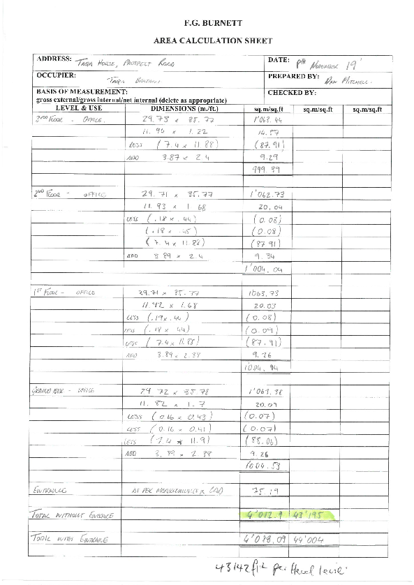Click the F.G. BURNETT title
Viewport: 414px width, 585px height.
(x=207, y=23)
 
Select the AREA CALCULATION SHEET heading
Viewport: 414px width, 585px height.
(x=207, y=41)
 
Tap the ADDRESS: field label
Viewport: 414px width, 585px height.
(x=54, y=59)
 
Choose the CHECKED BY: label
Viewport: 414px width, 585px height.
(x=292, y=92)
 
